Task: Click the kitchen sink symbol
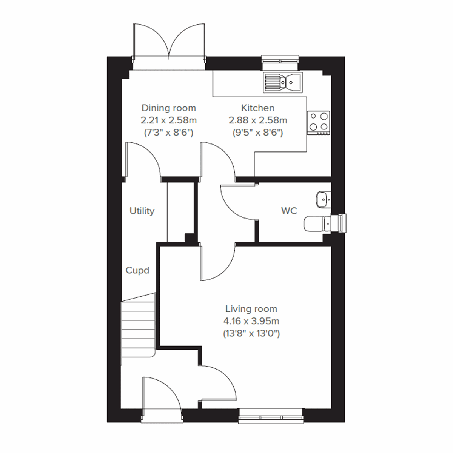(x=283, y=82)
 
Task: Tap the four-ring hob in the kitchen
(x=318, y=123)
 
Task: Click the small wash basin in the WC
(x=322, y=199)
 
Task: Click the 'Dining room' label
(x=169, y=108)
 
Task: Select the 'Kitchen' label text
(x=257, y=108)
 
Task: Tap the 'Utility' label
(x=142, y=211)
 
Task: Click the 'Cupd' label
(x=137, y=270)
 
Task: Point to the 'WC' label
(x=289, y=211)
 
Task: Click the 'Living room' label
(x=251, y=309)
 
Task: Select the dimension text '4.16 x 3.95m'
(x=251, y=321)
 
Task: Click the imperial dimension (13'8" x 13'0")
(x=251, y=334)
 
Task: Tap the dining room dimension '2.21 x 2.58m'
(x=169, y=120)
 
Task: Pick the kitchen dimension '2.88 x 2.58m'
(x=257, y=120)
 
